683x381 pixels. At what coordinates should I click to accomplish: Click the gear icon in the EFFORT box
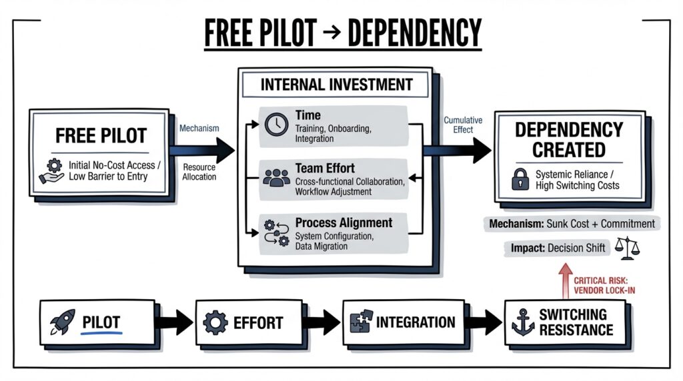tap(215, 323)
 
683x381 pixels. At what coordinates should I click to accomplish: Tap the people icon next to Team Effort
tap(276, 177)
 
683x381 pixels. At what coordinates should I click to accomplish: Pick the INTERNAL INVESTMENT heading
tap(336, 85)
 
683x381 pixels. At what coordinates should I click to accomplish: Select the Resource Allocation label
tap(199, 172)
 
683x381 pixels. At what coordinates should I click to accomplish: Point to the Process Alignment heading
tap(344, 222)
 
